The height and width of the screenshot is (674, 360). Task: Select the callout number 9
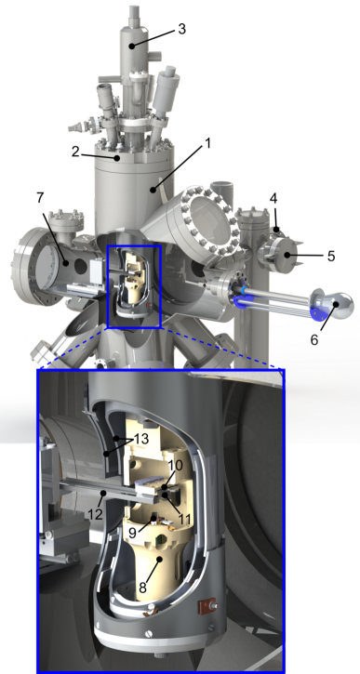134,533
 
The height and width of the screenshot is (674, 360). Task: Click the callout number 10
174,465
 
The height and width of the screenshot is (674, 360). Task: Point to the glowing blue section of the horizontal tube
244,297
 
